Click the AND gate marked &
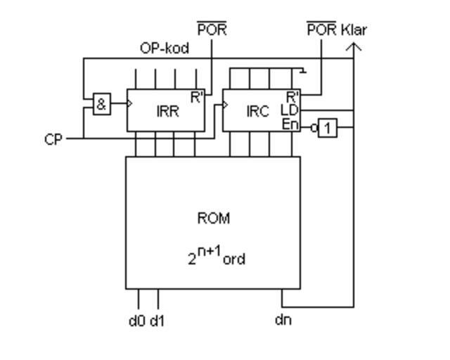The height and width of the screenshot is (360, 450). coord(102,105)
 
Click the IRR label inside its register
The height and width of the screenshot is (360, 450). coord(167,111)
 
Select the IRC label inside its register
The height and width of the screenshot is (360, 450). coord(257,111)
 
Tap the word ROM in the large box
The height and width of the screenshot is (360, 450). coord(213,218)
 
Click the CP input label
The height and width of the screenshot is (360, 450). coord(53,139)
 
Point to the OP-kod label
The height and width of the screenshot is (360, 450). coord(165,49)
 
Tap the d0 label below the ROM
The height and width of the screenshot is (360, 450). coord(136,321)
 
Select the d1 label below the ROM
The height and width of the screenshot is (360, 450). coord(157,321)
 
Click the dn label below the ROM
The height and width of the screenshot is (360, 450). coord(283,321)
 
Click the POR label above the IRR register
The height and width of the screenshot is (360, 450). coord(212,30)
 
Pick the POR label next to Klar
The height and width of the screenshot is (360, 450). coord(321,30)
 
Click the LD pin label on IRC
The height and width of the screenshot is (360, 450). coord(290,110)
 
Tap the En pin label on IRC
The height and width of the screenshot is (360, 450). coord(290,124)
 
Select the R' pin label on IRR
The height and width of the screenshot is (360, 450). coord(197,97)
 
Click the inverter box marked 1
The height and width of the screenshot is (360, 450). coord(327,128)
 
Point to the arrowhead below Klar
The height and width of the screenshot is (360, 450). coord(354,47)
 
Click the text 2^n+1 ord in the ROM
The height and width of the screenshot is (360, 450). coord(216,257)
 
